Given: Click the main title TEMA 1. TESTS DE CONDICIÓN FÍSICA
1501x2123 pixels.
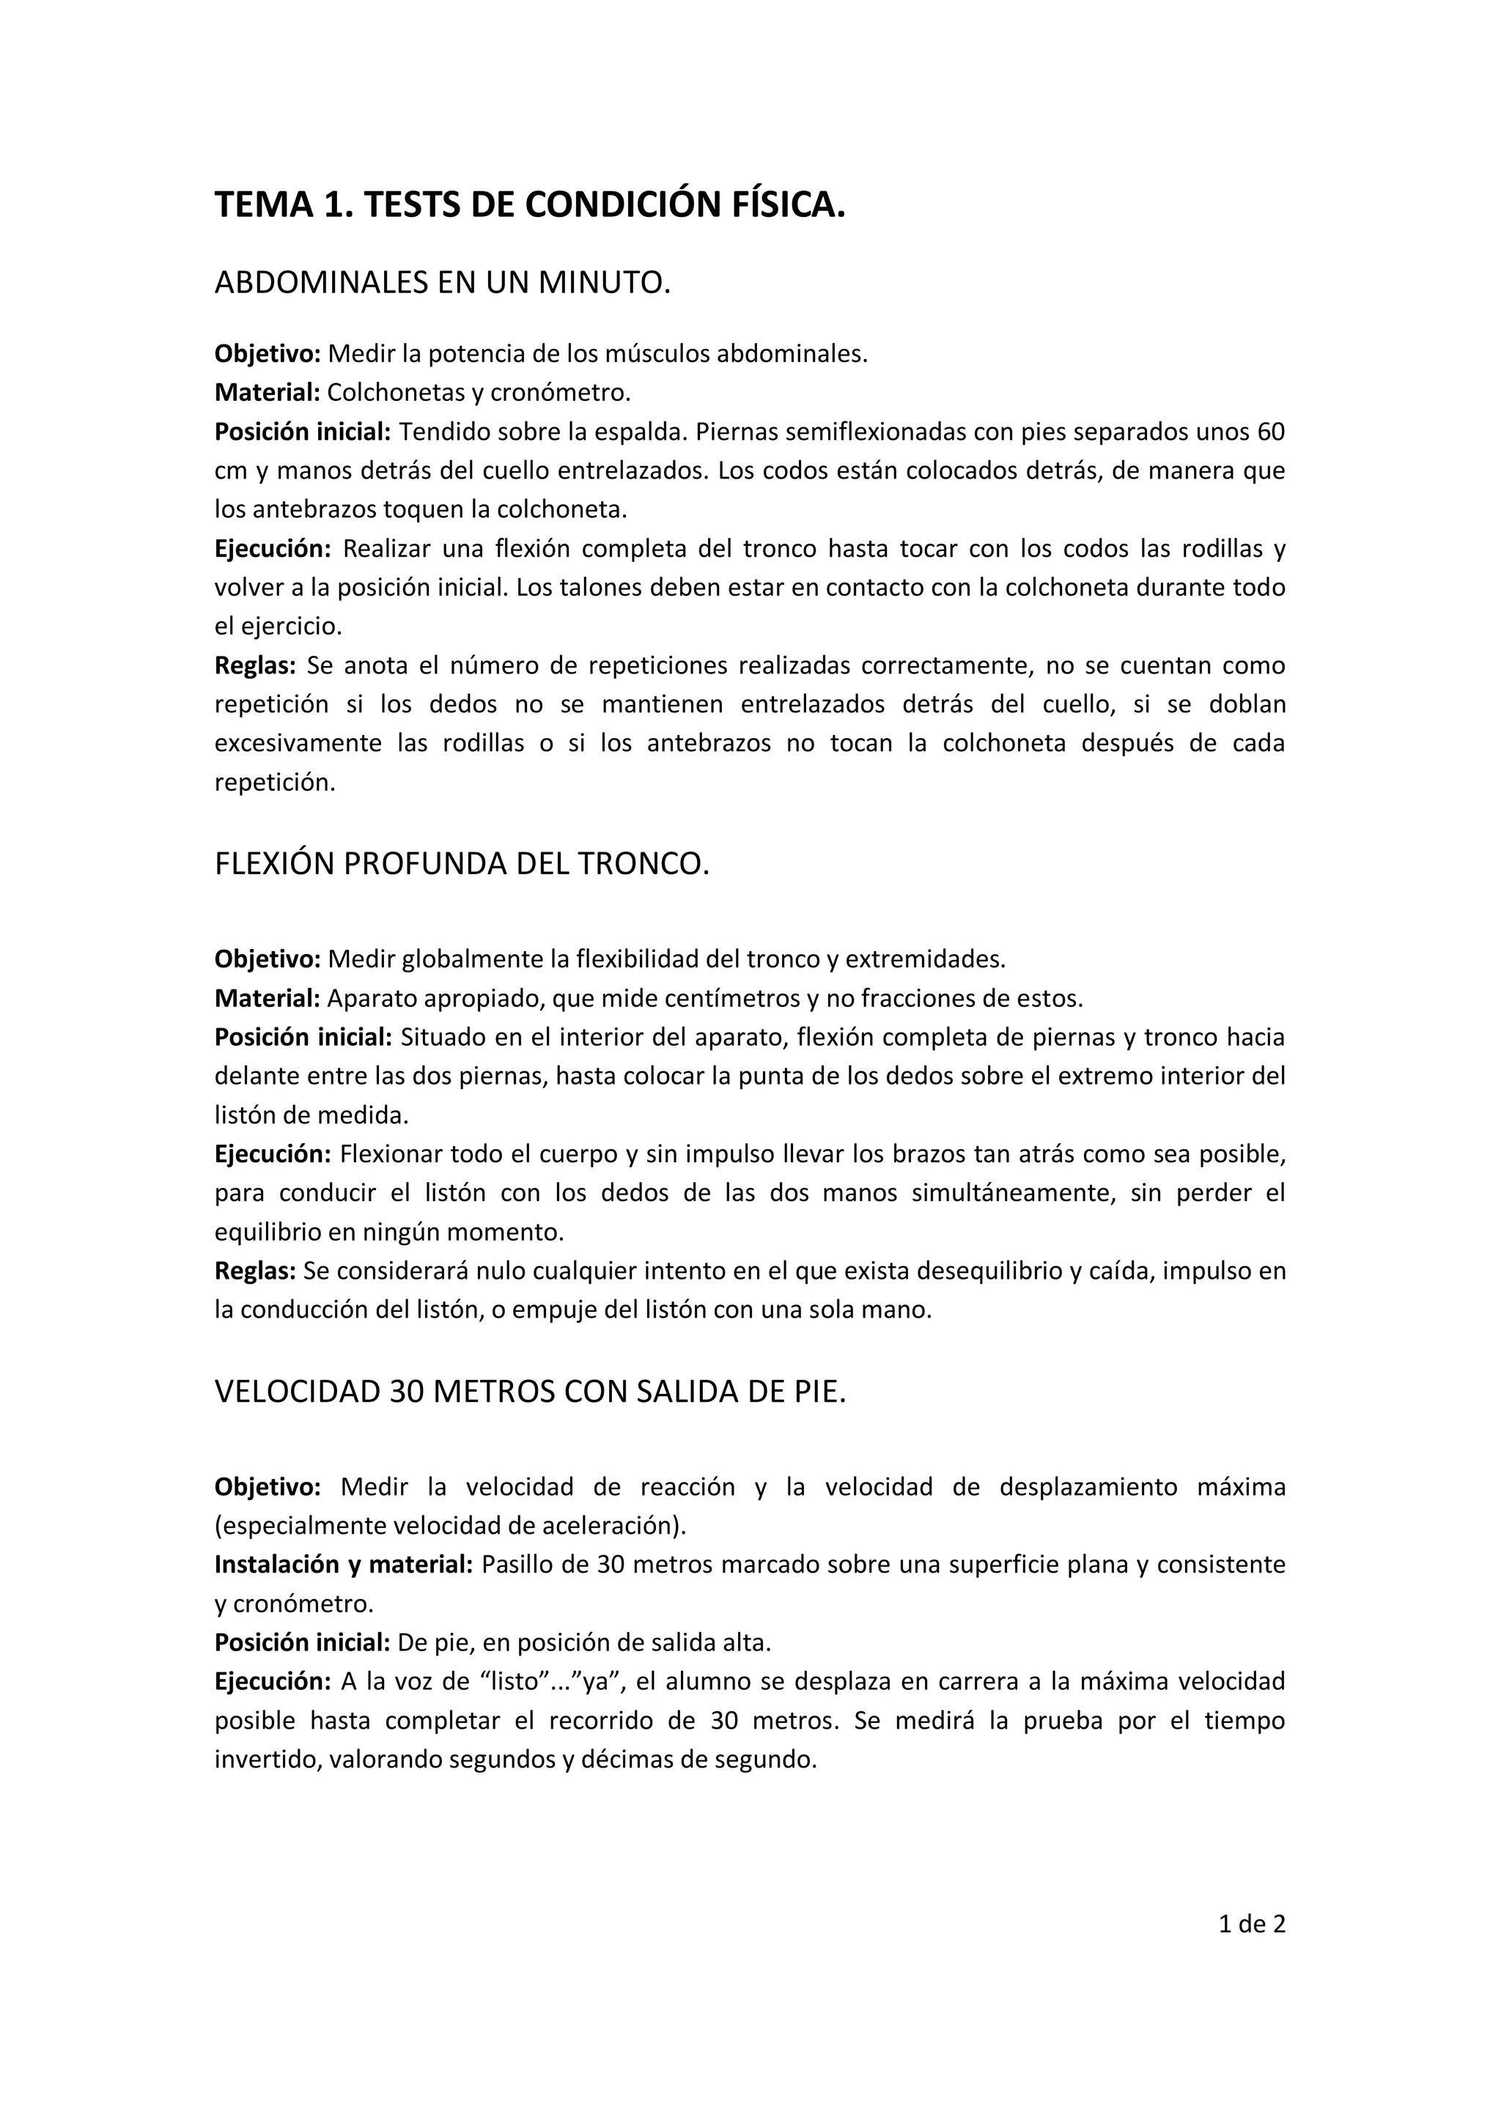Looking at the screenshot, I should tap(530, 204).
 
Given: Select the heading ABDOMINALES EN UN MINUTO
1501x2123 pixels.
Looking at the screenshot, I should tap(442, 282).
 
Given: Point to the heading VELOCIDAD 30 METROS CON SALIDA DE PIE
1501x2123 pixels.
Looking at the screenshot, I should tap(530, 1392).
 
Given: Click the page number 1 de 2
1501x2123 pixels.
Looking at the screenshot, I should tap(1253, 1924).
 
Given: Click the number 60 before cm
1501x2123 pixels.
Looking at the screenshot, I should tap(1271, 432).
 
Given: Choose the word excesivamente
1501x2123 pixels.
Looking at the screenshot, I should tap(298, 743).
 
